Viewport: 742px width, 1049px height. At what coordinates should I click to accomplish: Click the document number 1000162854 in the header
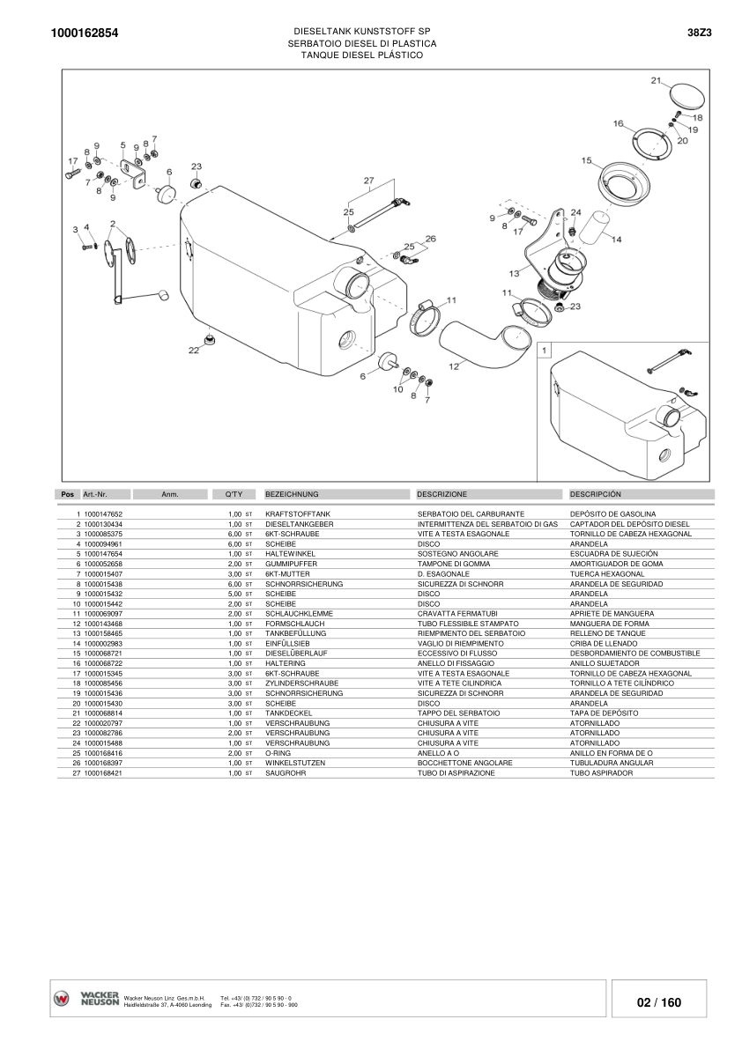85,33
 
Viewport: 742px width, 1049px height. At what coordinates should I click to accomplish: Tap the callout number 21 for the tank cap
656,81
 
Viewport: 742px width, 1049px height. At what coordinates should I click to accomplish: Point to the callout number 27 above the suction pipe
369,181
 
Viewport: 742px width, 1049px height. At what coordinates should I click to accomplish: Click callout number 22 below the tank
194,351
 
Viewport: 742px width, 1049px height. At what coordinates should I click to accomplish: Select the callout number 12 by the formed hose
454,366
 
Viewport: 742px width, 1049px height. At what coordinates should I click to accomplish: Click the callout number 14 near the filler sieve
616,239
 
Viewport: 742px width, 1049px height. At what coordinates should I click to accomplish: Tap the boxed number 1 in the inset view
545,350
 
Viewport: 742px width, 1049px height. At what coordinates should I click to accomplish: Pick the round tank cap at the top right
685,94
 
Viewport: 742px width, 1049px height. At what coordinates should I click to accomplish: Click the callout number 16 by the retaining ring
618,123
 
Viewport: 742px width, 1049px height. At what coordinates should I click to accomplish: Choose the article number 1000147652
103,513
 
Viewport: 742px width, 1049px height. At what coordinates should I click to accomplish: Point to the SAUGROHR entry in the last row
285,772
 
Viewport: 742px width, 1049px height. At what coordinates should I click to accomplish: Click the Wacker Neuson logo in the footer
85,999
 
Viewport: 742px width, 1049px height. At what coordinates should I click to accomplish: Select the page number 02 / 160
659,1002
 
